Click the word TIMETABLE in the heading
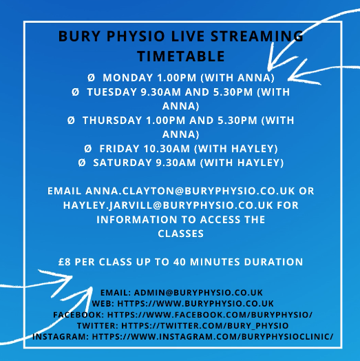[180, 54]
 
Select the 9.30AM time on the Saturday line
[178, 163]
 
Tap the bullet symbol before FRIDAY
[87, 149]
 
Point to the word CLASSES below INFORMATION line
[180, 234]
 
